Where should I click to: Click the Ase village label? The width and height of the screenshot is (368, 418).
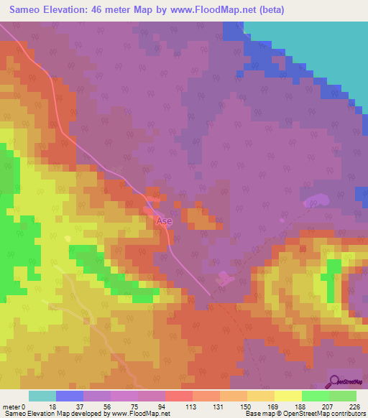(164, 222)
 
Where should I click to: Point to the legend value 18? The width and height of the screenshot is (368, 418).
(52, 406)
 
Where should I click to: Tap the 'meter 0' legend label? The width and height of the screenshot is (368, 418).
(14, 406)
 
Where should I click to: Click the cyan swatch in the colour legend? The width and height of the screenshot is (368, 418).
(42, 396)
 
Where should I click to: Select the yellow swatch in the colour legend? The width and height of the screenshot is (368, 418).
(287, 396)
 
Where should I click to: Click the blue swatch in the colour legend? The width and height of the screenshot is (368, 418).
(70, 396)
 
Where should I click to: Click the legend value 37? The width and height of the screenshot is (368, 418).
(79, 406)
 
